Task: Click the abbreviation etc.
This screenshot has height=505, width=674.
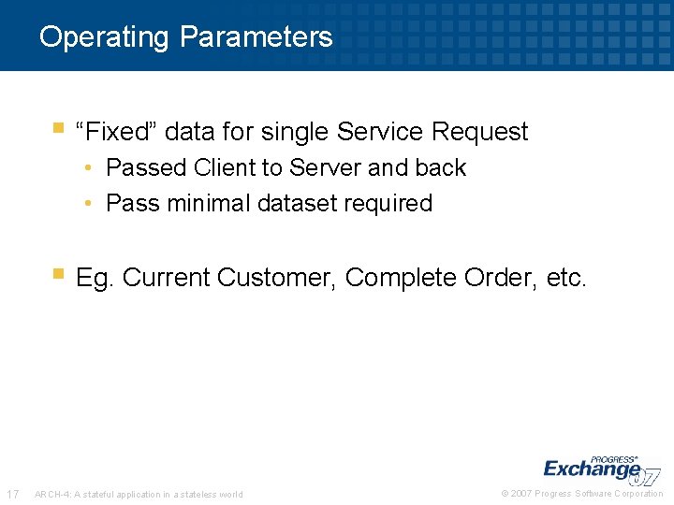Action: click(564, 279)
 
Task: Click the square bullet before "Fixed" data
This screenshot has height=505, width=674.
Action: click(58, 128)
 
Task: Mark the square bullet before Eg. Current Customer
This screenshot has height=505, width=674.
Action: click(58, 275)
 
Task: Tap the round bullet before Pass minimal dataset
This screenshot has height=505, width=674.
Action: click(87, 203)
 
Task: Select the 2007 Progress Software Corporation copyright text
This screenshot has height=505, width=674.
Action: click(581, 494)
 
